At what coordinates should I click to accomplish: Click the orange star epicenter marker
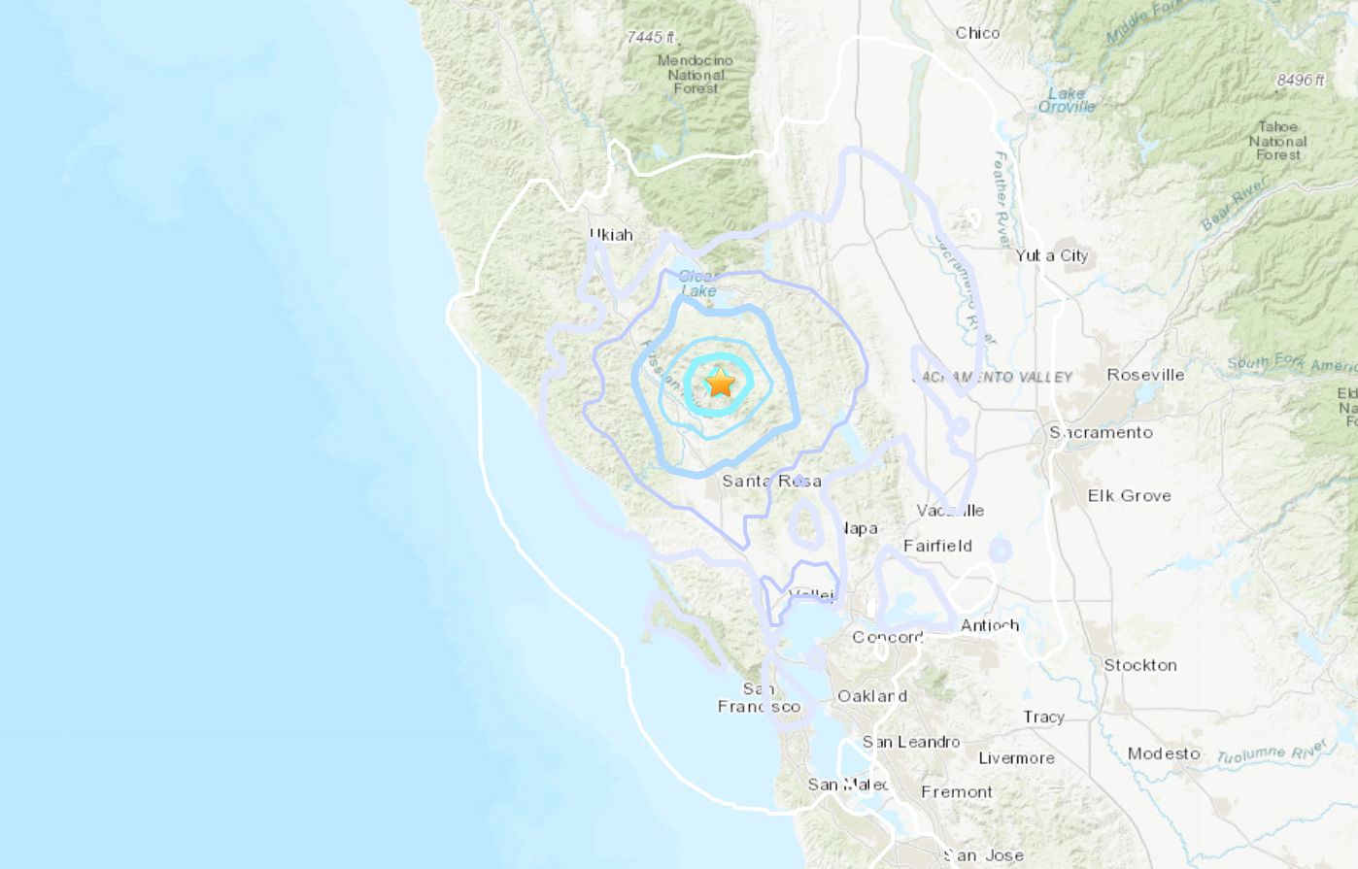point(720,383)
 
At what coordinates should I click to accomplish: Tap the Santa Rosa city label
point(771,481)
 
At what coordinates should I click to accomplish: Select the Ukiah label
point(611,234)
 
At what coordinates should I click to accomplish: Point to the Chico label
point(977,33)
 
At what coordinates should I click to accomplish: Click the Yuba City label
point(1051,255)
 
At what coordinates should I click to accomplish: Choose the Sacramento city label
point(1101,432)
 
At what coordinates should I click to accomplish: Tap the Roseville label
point(1145,375)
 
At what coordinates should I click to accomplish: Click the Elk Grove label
point(1129,495)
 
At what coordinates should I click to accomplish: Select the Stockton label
point(1139,665)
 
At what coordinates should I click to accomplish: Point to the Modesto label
point(1164,753)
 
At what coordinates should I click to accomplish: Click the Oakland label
point(872,696)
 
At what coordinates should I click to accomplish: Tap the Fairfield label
point(937,546)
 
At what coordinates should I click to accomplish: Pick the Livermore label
point(1016,758)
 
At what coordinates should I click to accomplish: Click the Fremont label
point(957,792)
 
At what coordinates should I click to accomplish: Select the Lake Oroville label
point(1067,100)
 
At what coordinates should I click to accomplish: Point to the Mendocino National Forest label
point(696,74)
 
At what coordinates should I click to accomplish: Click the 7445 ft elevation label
point(651,37)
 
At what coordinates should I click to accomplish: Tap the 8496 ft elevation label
point(1301,80)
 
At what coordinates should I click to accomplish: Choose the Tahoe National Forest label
point(1277,141)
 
